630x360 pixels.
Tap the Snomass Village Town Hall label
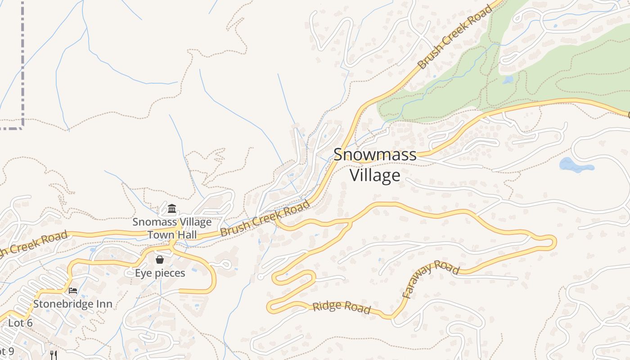(172, 228)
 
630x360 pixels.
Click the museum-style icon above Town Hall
(172, 209)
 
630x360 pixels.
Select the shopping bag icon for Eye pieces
(159, 260)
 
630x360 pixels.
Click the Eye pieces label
(160, 273)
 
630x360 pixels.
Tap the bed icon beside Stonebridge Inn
(73, 290)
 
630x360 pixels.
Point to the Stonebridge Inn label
(72, 304)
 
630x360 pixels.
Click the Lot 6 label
(20, 323)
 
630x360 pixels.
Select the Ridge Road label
(342, 307)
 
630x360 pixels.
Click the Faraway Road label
(430, 279)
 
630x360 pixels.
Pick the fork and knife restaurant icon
(53, 355)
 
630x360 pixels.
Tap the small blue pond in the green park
(508, 80)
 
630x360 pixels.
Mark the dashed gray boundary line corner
(22, 127)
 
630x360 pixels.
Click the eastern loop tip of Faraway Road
(553, 243)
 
